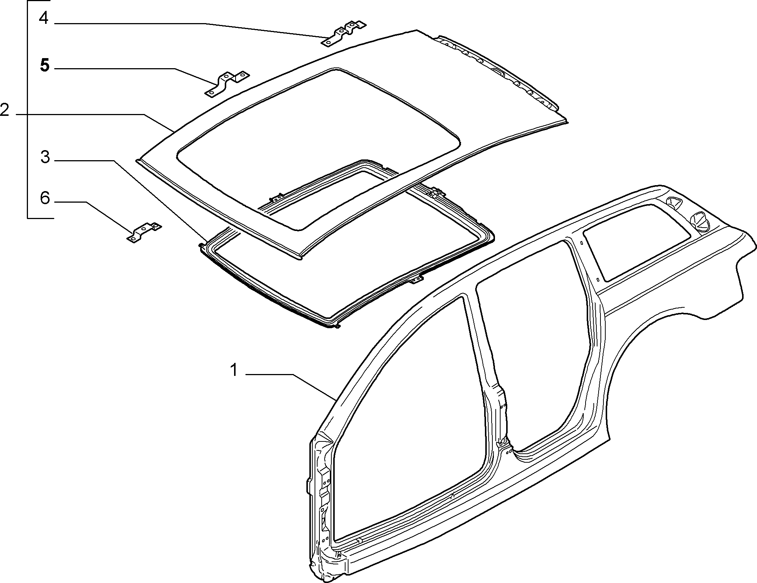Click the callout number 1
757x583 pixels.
point(234,371)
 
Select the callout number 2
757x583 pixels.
point(5,110)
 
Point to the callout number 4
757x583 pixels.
point(44,18)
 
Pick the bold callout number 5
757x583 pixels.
point(44,65)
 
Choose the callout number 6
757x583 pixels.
point(45,198)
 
